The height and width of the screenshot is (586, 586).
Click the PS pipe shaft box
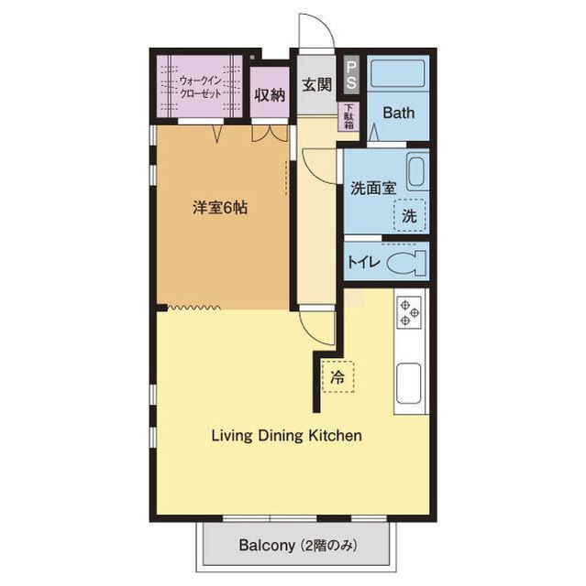[352, 75]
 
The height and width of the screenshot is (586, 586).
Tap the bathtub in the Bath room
[397, 73]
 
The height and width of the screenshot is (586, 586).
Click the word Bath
[399, 113]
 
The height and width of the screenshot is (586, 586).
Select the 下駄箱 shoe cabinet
[348, 116]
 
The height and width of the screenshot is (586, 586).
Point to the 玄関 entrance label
[317, 84]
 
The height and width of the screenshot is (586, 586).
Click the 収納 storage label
[270, 95]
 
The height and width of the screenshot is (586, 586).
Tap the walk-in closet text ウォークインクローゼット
[200, 87]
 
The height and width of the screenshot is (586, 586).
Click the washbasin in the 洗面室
[417, 171]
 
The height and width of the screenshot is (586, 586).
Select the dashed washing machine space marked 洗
[410, 215]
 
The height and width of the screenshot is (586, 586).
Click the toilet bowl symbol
[406, 263]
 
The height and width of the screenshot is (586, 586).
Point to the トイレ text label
[364, 263]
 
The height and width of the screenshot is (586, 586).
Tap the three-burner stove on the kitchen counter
[409, 312]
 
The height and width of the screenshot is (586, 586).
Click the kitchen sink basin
[409, 383]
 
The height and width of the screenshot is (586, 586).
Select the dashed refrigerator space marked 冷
[337, 376]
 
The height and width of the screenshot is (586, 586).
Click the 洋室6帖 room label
[220, 208]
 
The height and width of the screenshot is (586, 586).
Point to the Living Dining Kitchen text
[287, 436]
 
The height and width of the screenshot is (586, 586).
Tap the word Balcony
[267, 546]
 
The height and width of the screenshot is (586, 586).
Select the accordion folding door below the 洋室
[194, 308]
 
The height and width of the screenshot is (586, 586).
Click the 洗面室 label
[373, 188]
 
